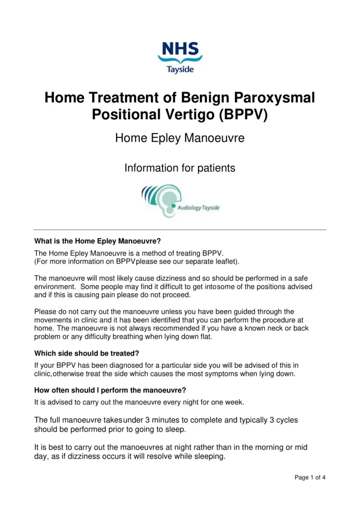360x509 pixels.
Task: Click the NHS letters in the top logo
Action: pos(180,48)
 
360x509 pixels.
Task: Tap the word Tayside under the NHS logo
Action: pos(180,69)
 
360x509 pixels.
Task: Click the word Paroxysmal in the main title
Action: pos(272,98)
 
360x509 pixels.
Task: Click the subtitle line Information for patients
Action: pos(180,167)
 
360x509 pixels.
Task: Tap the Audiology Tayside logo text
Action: pos(198,207)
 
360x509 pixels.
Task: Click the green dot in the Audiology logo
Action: pos(173,205)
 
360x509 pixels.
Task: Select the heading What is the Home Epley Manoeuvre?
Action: pos(97,242)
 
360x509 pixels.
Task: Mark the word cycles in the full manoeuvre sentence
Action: pos(287,420)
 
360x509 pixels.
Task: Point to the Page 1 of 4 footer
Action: pos(310,478)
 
